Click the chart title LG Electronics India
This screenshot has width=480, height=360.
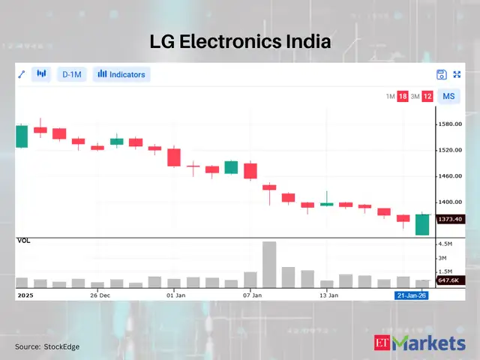[239, 42]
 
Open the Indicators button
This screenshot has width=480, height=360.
[121, 74]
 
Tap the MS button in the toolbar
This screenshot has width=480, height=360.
[448, 96]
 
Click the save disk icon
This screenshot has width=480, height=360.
[442, 74]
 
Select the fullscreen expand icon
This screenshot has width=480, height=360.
[457, 74]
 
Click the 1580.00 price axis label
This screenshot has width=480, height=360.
[450, 124]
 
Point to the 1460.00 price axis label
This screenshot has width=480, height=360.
[450, 176]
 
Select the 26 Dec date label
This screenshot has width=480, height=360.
[100, 295]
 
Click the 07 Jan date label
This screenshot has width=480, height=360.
[252, 295]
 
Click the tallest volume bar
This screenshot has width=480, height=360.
[269, 265]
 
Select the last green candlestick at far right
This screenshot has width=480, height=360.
[422, 224]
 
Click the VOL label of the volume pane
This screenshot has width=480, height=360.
[24, 240]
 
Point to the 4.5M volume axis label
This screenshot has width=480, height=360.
[445, 244]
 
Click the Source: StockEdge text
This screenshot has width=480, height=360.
[47, 346]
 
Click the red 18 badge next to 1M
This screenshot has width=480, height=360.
[403, 96]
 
